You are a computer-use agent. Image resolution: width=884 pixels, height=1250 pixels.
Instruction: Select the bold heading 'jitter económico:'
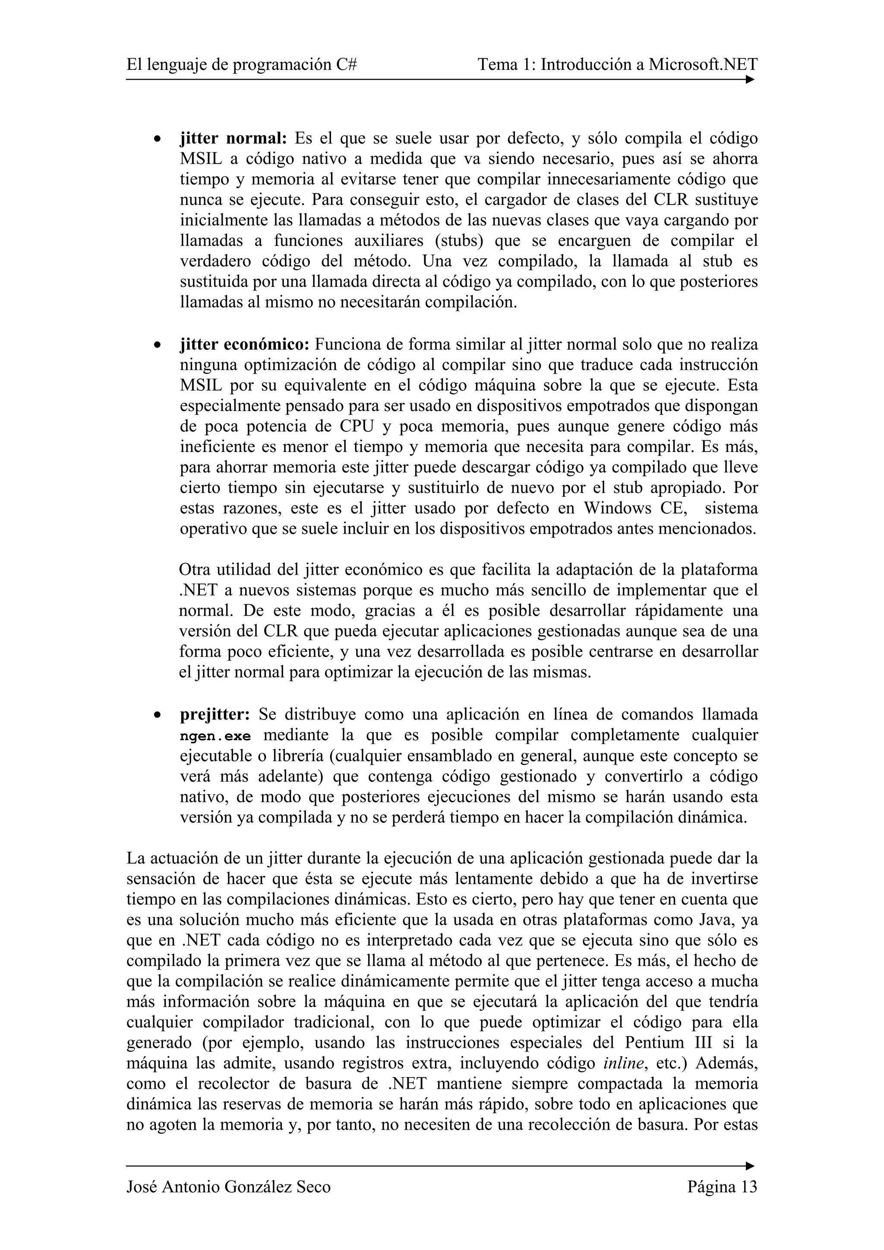[x=245, y=345]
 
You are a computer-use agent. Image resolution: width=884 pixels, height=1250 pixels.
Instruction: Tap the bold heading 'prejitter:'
[x=215, y=714]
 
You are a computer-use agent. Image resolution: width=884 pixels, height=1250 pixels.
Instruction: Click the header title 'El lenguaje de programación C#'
[x=241, y=65]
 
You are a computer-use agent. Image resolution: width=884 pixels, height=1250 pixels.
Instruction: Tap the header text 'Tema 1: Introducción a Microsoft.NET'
[x=617, y=65]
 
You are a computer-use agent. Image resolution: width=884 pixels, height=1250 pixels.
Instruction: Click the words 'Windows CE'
[x=631, y=509]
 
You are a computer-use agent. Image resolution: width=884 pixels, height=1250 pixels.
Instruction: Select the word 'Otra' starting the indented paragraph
[x=195, y=570]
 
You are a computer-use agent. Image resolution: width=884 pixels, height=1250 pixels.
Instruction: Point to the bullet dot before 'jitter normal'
[x=157, y=139]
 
